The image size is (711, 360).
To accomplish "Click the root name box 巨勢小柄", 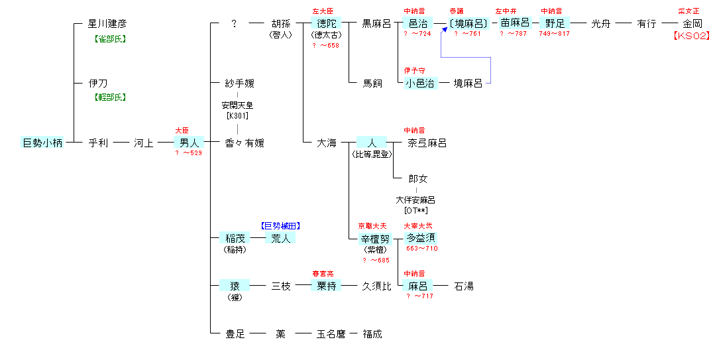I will tap(43, 143).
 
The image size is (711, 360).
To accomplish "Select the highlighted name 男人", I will tap(190, 143).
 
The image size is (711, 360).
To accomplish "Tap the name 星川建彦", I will tap(107, 24).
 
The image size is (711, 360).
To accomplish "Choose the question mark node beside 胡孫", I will tap(234, 24).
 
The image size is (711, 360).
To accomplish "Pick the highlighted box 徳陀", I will tap(327, 24).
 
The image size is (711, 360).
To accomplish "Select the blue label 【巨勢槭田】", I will tap(284, 225).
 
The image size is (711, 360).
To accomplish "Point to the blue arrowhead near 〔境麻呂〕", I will tap(444, 30).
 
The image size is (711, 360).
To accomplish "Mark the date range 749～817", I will tap(554, 34).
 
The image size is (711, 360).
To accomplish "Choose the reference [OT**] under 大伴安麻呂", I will tap(416, 210).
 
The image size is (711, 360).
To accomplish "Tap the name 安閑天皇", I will tap(238, 105).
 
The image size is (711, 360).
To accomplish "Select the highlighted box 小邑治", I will tap(421, 83).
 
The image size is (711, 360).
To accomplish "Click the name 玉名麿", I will tap(331, 334).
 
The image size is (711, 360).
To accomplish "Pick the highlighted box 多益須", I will tap(421, 238).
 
